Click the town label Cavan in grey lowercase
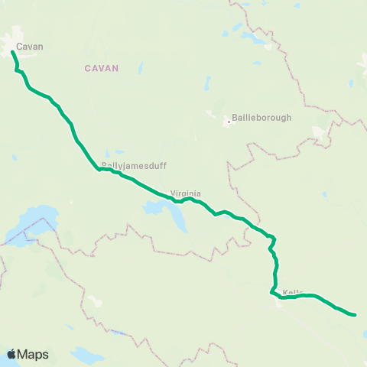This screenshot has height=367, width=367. (x=30, y=47)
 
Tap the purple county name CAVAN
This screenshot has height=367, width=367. (x=102, y=68)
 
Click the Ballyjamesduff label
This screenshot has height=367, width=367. (x=135, y=165)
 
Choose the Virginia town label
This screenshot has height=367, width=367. (x=185, y=194)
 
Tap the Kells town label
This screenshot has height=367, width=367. (x=294, y=292)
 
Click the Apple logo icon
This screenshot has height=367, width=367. (x=12, y=354)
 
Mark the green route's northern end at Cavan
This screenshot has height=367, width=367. (x=13, y=52)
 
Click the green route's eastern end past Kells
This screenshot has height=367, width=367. (x=356, y=314)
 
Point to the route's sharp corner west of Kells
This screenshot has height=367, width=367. (x=271, y=291)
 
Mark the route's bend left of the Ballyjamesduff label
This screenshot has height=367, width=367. (x=98, y=170)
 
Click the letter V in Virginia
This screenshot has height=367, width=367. (x=172, y=194)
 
